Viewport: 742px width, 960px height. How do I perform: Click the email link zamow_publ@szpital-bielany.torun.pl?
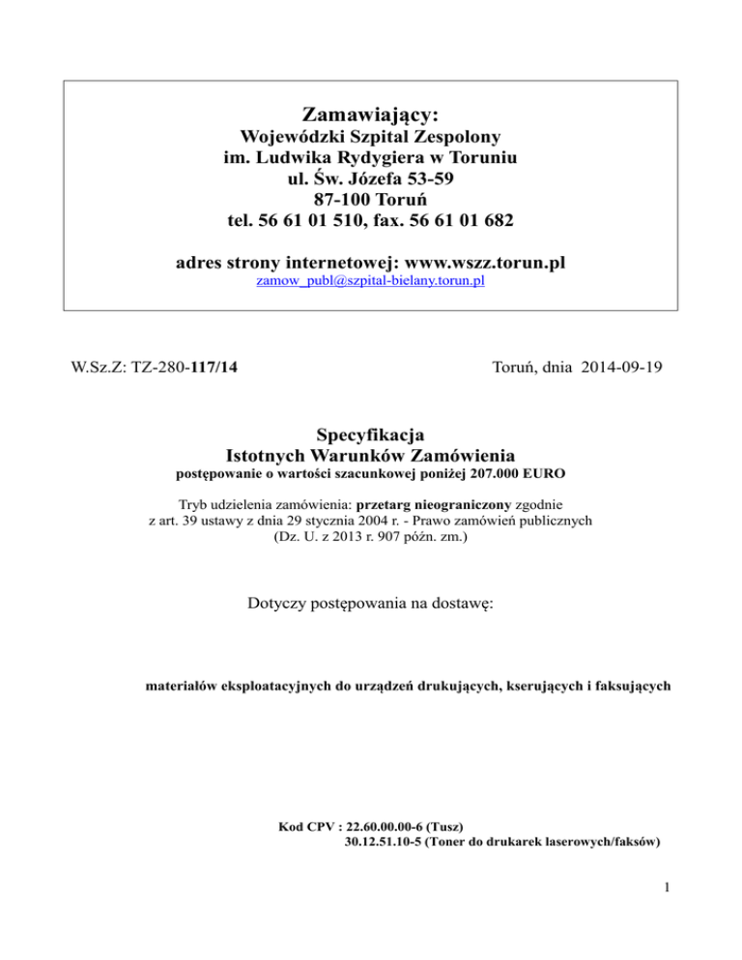point(370,281)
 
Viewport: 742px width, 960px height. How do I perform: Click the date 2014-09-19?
point(618,368)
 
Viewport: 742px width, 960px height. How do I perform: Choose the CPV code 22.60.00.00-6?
point(377,827)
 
